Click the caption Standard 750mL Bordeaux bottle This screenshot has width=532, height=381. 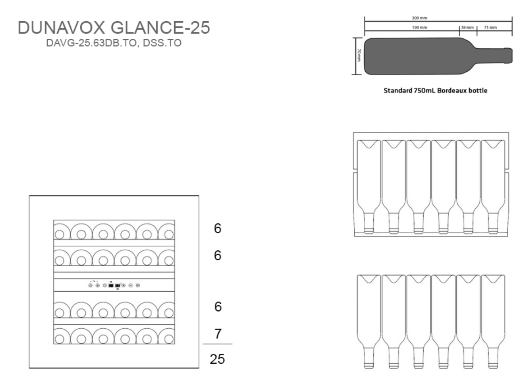click(x=435, y=90)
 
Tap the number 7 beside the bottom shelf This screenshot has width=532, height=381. click(x=218, y=334)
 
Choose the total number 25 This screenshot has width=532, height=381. click(x=218, y=359)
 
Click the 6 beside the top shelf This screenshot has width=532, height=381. click(x=218, y=229)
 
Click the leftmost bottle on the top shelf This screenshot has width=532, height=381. click(x=60, y=233)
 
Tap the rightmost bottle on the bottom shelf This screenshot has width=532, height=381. click(x=168, y=336)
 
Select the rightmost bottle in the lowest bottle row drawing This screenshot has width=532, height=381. click(x=493, y=320)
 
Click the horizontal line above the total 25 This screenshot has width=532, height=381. click(x=218, y=344)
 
